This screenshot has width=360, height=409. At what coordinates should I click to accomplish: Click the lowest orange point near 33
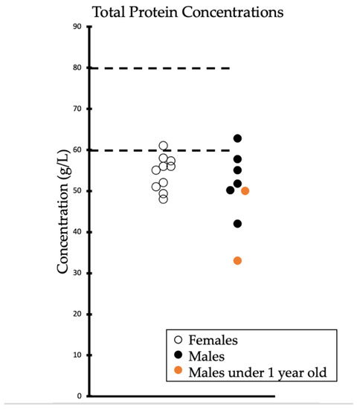click(x=237, y=260)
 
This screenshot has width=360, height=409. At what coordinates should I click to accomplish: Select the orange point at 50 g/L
click(x=245, y=190)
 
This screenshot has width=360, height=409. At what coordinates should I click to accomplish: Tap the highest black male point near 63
click(x=238, y=138)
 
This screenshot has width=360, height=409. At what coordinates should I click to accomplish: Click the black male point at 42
click(x=237, y=224)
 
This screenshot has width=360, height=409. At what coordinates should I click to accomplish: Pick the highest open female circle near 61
click(x=164, y=146)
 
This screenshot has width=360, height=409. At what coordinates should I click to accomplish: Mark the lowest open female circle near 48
click(x=164, y=199)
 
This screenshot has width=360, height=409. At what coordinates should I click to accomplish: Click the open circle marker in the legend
click(x=177, y=341)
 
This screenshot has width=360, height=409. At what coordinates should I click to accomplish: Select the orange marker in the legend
click(x=177, y=371)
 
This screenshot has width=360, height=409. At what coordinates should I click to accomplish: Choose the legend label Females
click(x=213, y=341)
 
